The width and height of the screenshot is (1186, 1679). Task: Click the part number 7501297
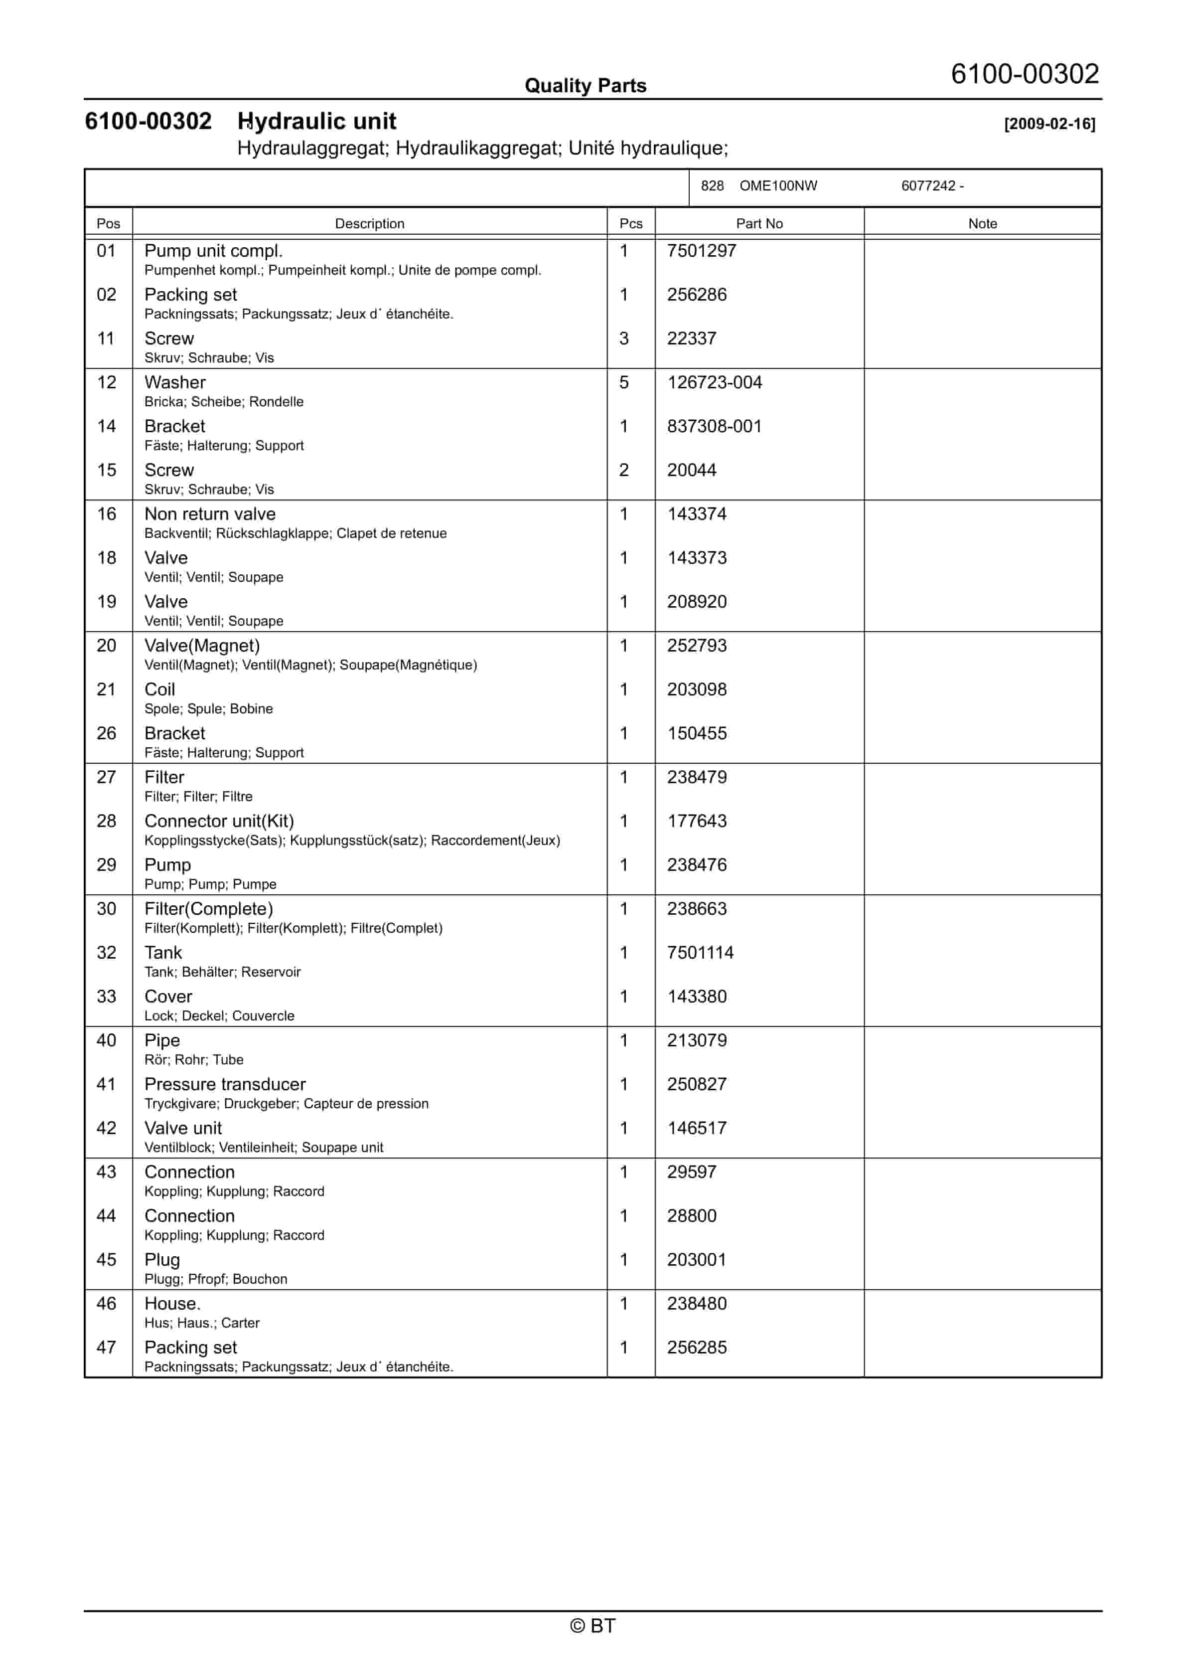[701, 251]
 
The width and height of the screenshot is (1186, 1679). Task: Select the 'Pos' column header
[108, 224]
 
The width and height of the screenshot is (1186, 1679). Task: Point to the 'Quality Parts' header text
[585, 86]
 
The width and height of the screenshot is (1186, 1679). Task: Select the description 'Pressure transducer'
[224, 1084]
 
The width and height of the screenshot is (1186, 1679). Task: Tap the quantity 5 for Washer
[624, 382]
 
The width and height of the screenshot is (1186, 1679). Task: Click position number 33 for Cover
[107, 996]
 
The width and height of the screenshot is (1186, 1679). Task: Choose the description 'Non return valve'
[210, 514]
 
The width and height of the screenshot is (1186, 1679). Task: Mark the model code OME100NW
[778, 186]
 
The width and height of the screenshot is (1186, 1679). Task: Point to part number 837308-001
[714, 426]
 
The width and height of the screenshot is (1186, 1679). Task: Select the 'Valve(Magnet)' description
[202, 646]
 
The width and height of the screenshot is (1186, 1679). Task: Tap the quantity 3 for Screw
[624, 338]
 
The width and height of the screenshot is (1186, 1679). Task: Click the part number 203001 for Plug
[696, 1259]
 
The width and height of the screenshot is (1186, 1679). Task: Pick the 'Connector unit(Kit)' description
[219, 821]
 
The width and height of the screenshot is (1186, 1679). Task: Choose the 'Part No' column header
[759, 224]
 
